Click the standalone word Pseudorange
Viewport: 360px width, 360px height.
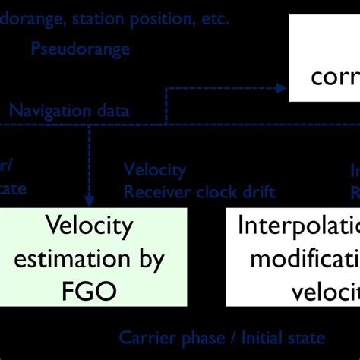[x=80, y=49]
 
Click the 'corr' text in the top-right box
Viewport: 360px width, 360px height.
[x=334, y=76]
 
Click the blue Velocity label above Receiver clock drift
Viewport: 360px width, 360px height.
[x=154, y=170]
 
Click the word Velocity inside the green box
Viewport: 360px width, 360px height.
[x=90, y=226]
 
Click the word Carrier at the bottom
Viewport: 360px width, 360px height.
[x=145, y=337]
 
